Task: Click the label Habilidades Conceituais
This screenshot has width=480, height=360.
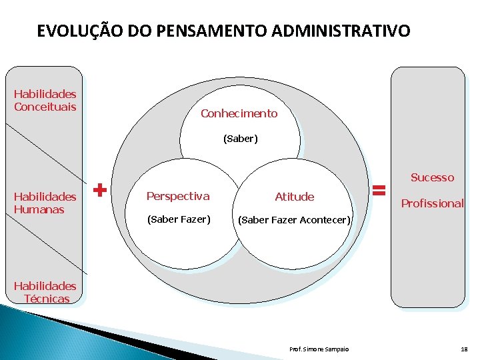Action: coord(45,101)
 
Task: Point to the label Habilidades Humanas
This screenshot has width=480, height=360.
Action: coord(45,203)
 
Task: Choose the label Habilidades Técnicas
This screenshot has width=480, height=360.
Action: coord(45,292)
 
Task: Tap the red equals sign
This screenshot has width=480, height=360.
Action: coord(379,191)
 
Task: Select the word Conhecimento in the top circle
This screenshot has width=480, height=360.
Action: coord(239,113)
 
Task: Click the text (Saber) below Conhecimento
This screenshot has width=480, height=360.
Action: coord(240,139)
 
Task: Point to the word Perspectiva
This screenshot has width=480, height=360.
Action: coord(177,196)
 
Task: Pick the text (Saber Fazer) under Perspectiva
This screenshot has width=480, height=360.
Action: coord(178,219)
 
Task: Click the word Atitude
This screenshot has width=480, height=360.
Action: coord(294,197)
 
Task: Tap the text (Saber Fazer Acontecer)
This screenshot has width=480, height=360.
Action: coord(294,220)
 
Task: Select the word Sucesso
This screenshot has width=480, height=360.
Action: coord(432,177)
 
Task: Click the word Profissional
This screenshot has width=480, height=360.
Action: coord(432,203)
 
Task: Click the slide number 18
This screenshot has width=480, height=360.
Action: coord(464,349)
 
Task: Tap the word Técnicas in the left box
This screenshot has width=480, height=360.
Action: coord(47,299)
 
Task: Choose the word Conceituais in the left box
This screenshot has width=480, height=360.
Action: coord(45,107)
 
